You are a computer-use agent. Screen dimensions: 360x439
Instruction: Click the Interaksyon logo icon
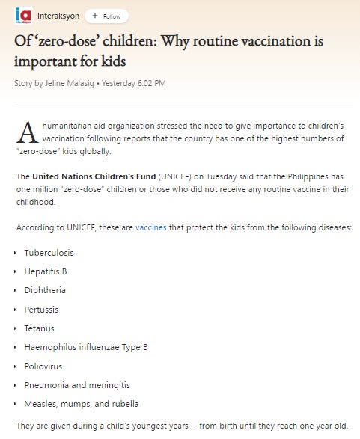click(24, 15)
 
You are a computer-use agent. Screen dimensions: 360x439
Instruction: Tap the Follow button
click(106, 16)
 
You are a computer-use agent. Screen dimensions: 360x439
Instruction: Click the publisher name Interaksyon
click(59, 16)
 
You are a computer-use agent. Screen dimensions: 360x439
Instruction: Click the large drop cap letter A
click(28, 132)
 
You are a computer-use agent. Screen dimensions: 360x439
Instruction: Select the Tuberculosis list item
click(49, 253)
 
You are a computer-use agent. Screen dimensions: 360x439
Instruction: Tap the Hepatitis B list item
click(46, 271)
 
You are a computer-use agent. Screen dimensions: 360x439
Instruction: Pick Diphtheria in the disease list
click(45, 290)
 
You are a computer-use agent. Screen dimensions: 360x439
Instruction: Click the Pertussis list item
click(41, 310)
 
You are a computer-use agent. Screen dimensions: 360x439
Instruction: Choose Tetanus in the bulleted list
click(39, 328)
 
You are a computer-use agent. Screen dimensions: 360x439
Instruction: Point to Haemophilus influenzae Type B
click(86, 347)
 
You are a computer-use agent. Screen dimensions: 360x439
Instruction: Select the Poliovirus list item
click(43, 366)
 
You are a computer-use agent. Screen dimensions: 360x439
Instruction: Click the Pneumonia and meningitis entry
click(77, 385)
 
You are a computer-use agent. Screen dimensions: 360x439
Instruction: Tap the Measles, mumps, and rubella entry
click(82, 405)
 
